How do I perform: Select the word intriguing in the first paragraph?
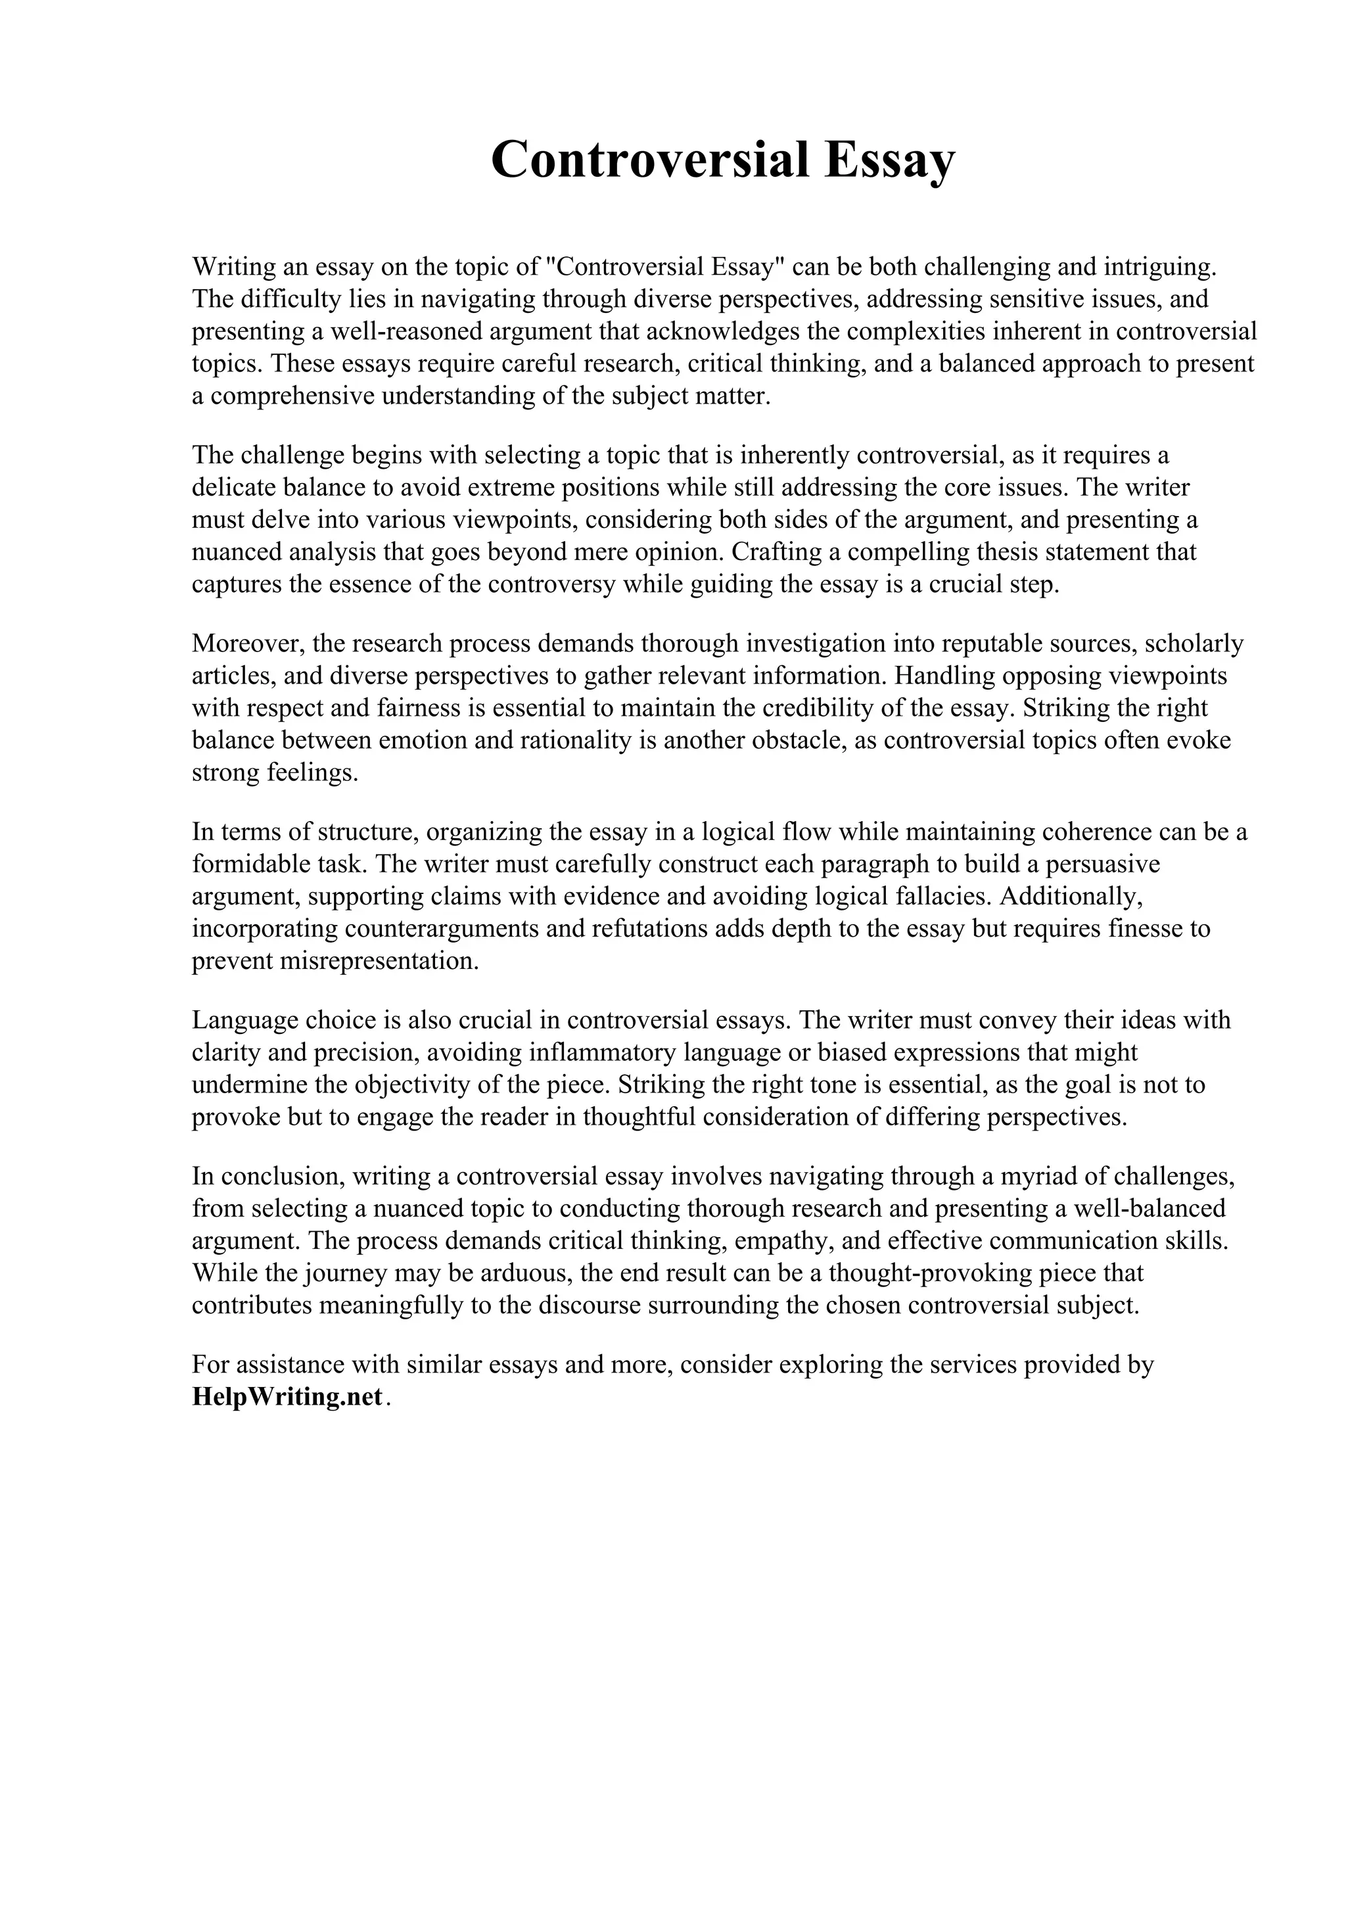click(1159, 266)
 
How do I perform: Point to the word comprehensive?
click(294, 396)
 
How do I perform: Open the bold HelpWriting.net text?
click(287, 1398)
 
